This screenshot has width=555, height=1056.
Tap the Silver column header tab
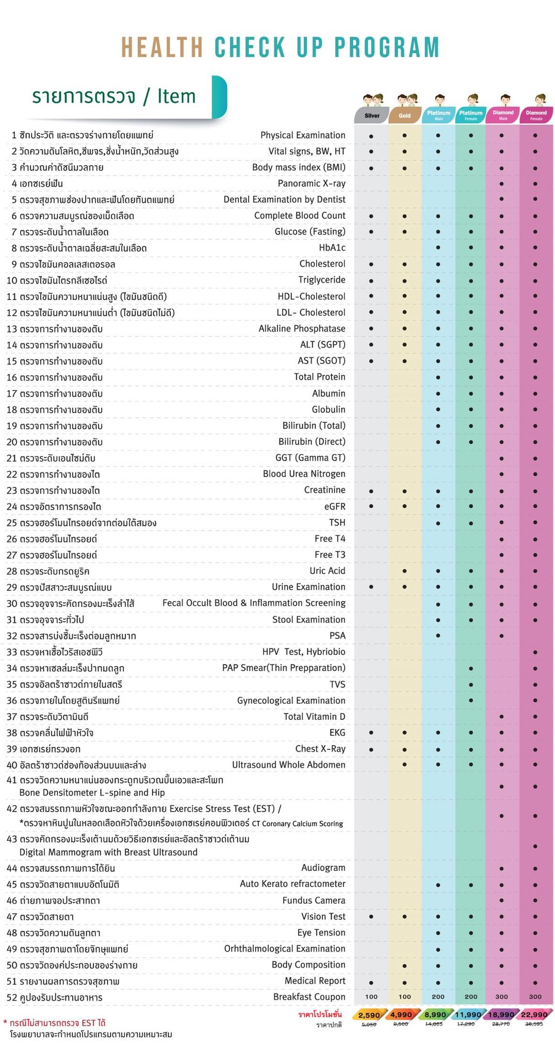[371, 115]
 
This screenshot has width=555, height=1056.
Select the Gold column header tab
[404, 115]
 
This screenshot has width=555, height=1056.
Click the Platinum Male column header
[438, 115]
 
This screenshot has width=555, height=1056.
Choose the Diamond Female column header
[536, 115]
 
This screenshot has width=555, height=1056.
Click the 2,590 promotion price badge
[369, 1015]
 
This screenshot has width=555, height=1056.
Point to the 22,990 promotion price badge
[534, 1015]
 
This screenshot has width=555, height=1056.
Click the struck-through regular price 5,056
[369, 1025]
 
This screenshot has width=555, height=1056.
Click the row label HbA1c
[332, 248]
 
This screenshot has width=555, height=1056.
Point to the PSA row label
[337, 636]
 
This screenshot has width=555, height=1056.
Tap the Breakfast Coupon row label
[309, 997]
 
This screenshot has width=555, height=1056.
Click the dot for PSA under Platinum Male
[438, 636]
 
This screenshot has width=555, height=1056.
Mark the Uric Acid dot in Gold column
[404, 571]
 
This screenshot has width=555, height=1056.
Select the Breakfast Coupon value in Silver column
[371, 997]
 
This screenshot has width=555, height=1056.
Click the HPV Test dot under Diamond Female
[535, 652]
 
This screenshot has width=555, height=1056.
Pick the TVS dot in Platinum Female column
[471, 685]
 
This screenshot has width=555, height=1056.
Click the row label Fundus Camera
[314, 900]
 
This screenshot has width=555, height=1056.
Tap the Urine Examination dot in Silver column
[371, 587]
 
